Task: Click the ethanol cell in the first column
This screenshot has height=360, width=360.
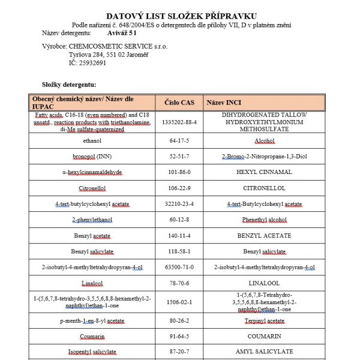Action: click(92, 141)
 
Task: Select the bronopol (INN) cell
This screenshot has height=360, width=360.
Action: click(92, 157)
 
